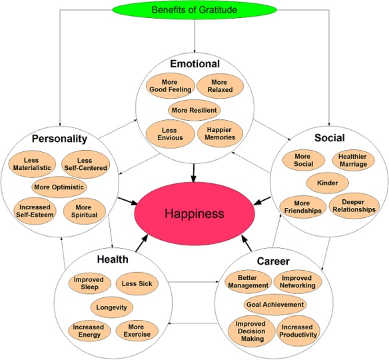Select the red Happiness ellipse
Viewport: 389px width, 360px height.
click(x=195, y=213)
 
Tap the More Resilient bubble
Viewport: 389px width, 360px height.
click(x=194, y=109)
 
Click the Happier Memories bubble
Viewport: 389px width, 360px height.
click(x=220, y=133)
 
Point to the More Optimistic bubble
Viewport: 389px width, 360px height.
click(x=58, y=187)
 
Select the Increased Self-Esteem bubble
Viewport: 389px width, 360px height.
click(x=34, y=211)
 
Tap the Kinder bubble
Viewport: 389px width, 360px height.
click(x=328, y=183)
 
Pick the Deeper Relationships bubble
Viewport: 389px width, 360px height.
click(x=353, y=206)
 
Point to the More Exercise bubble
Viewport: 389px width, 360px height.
click(x=136, y=331)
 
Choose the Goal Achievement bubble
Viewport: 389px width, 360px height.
click(x=274, y=305)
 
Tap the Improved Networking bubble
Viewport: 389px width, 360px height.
click(x=297, y=282)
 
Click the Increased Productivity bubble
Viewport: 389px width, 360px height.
click(x=297, y=331)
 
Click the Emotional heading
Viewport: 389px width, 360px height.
click(x=195, y=64)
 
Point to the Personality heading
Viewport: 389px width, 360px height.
click(x=59, y=139)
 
